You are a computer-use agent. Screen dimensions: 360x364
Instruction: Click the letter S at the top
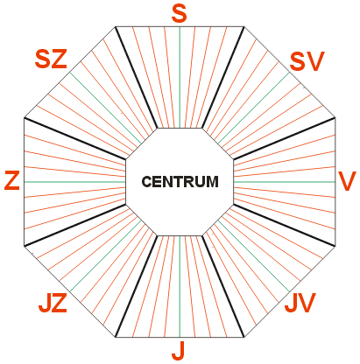pos(179,15)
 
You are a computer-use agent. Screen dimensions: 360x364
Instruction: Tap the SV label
pos(307,61)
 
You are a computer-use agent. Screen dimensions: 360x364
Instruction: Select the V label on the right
pos(347,181)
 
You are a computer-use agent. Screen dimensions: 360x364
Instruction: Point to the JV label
pos(300,303)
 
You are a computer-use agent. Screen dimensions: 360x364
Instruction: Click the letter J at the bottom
pos(179,350)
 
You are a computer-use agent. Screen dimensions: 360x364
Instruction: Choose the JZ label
pos(53,303)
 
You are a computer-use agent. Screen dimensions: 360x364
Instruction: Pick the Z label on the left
pos(12,181)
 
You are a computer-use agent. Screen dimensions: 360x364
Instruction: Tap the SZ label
pos(51,59)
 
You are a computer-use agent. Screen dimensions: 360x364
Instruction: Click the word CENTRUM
pos(180,182)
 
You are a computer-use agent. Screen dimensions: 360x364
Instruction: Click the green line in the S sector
pos(180,77)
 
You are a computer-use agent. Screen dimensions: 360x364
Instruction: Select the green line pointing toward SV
pos(253,108)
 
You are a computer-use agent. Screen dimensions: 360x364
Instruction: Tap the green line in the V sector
pos(285,182)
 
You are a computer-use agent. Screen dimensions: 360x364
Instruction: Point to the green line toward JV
pos(253,255)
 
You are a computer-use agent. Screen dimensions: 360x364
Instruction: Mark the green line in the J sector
pos(180,286)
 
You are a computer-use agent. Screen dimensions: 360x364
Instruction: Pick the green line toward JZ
pos(106,255)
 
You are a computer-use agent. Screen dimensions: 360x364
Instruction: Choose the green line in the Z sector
pos(74,182)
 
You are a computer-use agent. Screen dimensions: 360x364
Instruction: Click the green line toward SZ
pos(106,108)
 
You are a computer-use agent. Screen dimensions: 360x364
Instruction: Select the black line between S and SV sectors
pos(223,77)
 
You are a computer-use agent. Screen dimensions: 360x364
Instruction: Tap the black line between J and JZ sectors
pos(137,286)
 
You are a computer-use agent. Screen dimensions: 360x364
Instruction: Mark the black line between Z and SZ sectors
pos(75,138)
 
